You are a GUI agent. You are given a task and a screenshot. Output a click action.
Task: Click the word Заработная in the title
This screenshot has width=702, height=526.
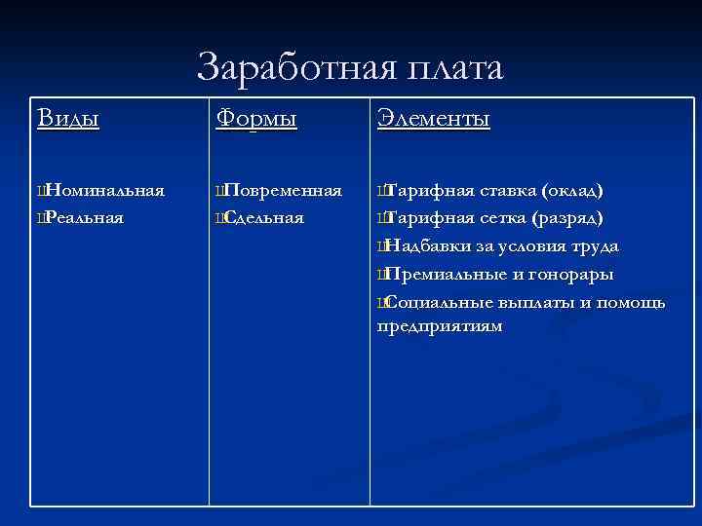293,69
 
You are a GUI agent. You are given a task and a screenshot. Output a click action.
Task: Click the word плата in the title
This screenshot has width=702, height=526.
454,69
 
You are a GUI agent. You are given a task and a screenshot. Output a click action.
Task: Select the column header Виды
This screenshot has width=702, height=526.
68,119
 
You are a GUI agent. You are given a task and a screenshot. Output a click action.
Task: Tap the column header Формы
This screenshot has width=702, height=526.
256,119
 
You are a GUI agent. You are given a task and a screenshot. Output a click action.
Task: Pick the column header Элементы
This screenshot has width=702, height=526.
433,119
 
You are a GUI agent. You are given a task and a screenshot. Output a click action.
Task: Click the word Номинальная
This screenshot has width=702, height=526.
104,189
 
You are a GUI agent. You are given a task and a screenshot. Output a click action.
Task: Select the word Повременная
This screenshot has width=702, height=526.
283,189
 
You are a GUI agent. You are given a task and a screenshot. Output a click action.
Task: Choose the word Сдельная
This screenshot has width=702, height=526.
263,217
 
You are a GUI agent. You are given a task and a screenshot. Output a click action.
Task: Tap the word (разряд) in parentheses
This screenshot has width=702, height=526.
572,217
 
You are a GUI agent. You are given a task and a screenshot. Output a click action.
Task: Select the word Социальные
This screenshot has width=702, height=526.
442,303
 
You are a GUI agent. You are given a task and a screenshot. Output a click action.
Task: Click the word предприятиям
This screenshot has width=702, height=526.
440,326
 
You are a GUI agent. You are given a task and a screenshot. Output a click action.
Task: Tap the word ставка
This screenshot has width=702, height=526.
508,189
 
